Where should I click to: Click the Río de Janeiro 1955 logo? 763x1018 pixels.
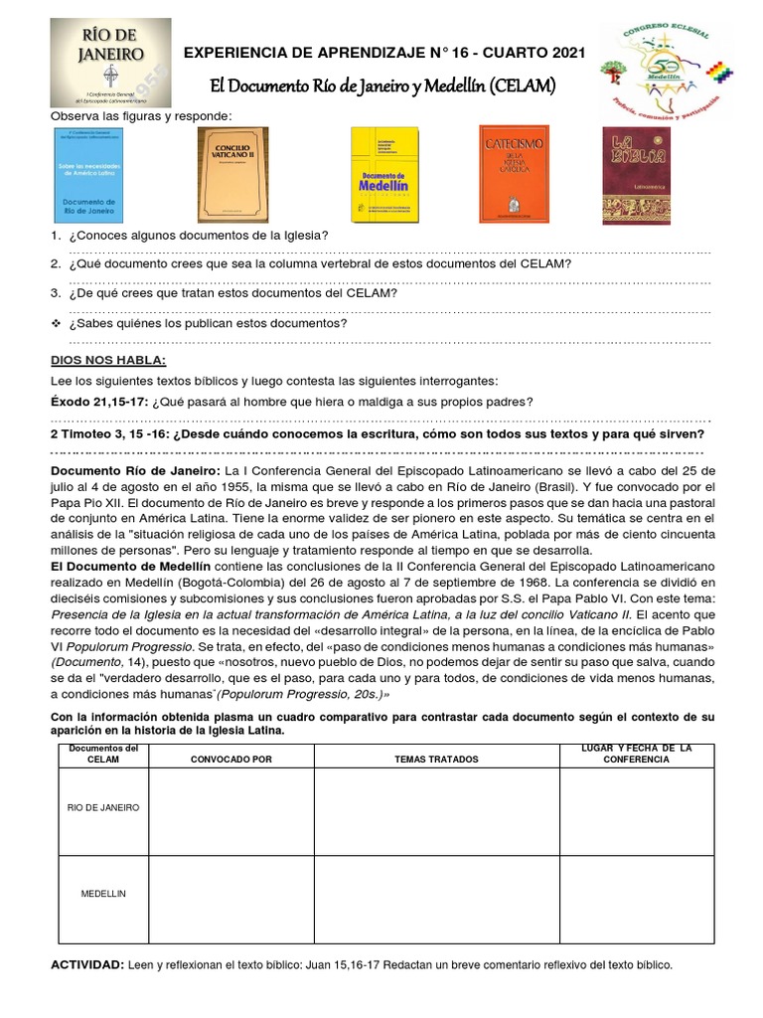click(x=110, y=63)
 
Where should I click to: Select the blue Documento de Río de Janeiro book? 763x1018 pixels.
click(x=91, y=174)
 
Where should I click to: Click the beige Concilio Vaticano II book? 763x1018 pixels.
click(x=232, y=174)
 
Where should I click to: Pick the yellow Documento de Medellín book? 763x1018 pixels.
click(x=386, y=175)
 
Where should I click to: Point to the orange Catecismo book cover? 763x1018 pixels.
click(x=514, y=174)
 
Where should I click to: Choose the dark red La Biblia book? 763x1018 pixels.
click(x=636, y=175)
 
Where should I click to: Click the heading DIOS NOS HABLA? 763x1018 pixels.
click(x=109, y=359)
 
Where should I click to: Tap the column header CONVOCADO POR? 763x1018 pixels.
click(x=231, y=759)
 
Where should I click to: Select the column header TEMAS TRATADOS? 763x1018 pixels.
click(x=436, y=759)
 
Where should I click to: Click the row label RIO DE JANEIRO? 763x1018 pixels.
click(x=103, y=807)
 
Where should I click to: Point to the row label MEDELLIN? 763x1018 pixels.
click(x=103, y=894)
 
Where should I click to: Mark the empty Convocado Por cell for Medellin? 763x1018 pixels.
click(x=231, y=899)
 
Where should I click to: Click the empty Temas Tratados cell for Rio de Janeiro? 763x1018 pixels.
click(x=436, y=811)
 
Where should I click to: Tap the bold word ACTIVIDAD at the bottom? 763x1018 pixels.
click(x=86, y=964)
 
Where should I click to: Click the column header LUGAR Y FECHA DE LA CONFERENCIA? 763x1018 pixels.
click(x=636, y=753)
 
